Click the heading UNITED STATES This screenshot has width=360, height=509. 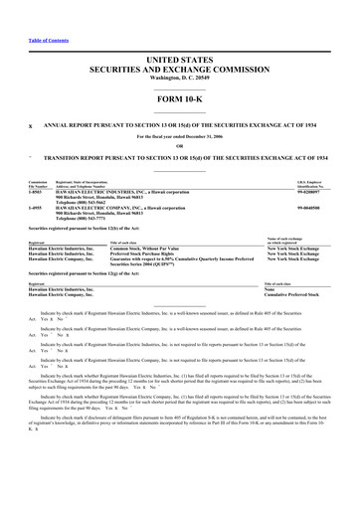tap(179, 62)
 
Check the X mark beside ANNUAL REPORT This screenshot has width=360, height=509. tap(30, 127)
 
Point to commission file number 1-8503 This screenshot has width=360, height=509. tap(36, 192)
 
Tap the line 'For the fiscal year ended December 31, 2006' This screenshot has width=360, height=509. tap(179, 136)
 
